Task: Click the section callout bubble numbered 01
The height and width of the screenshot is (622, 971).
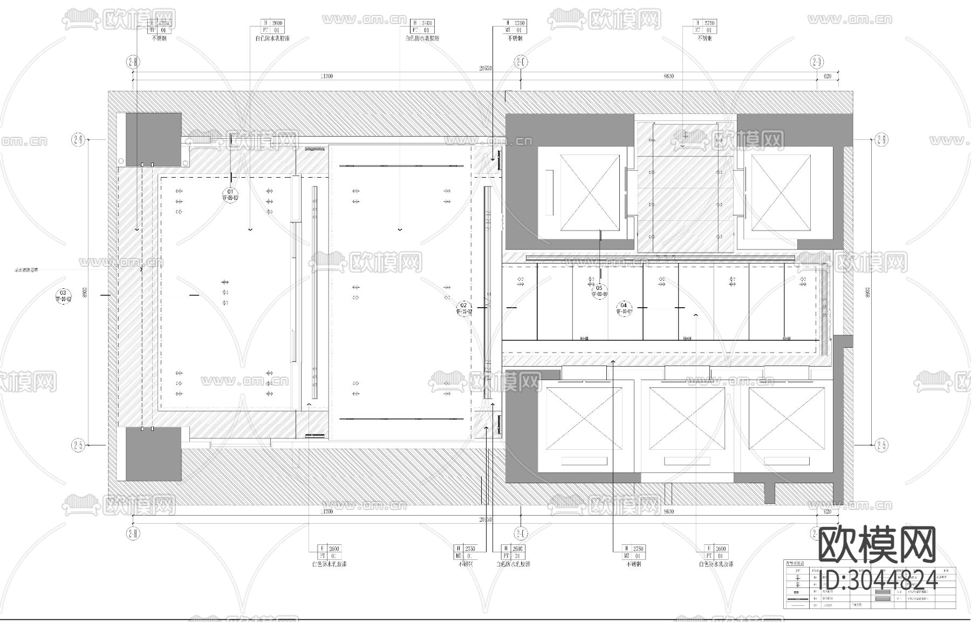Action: (230, 194)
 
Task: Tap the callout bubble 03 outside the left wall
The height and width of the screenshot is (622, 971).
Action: (63, 295)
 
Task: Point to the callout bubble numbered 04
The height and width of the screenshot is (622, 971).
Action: (624, 308)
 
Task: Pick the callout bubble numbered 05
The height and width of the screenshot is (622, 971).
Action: (599, 291)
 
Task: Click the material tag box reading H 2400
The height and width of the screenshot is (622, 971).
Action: (422, 26)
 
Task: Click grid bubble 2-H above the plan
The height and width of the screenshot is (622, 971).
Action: (133, 62)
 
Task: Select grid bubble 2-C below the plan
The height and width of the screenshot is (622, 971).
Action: (521, 533)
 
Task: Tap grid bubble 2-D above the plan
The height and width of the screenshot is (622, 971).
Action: (817, 62)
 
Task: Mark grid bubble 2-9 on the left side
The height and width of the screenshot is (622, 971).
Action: (78, 140)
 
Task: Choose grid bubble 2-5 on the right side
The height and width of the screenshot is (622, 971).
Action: (881, 445)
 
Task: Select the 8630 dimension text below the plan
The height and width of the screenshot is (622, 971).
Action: (669, 511)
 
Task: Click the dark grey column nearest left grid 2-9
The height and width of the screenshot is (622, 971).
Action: (153, 139)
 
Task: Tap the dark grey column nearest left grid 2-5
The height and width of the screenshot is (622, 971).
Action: (153, 454)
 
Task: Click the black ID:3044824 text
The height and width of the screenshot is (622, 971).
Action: (878, 581)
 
